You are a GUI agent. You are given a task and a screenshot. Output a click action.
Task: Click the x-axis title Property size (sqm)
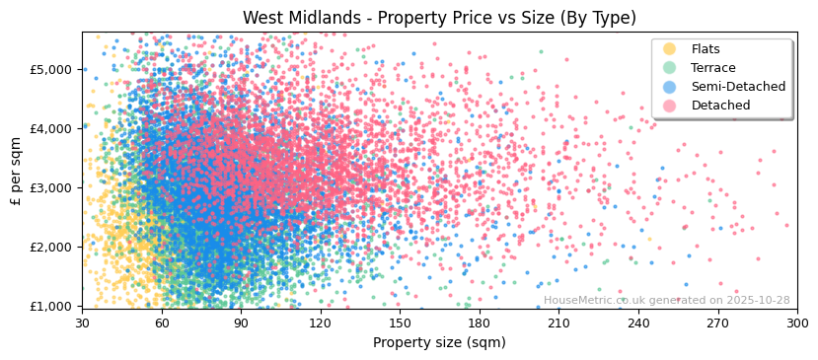439,343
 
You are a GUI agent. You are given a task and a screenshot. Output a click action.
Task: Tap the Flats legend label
706,49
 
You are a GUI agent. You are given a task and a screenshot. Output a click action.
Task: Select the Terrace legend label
713,68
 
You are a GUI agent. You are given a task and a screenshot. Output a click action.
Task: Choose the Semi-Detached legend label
738,87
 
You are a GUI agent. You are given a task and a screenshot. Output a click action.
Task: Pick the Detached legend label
720,106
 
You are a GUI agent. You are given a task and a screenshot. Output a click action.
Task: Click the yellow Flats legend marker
669,49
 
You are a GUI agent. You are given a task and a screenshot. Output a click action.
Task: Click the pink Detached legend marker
669,106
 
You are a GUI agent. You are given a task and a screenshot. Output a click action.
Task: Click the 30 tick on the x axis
82,323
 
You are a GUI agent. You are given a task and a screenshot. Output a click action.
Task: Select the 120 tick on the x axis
321,323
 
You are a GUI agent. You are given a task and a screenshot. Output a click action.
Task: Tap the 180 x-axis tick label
480,323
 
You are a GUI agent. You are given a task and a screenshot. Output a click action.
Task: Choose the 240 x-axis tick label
638,323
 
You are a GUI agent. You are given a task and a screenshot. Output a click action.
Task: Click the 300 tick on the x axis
796,323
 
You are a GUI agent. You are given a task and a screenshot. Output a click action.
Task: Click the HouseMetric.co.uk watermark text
666,301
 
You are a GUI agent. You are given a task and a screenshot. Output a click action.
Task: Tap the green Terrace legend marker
669,68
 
